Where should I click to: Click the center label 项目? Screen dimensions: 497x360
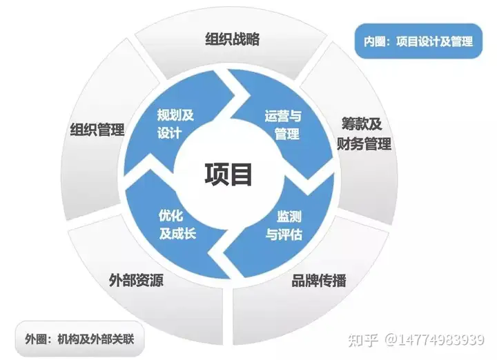(x=228, y=174)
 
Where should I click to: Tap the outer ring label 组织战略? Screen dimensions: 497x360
(x=233, y=39)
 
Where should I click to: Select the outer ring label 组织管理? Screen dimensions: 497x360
(x=97, y=129)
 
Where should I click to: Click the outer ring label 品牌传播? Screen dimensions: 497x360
(x=319, y=281)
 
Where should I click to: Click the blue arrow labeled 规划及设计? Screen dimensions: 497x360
(x=175, y=124)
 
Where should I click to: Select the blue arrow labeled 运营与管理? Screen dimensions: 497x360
(x=282, y=124)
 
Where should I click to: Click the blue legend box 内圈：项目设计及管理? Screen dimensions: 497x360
(x=418, y=41)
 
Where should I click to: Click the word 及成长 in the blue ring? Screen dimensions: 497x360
(x=178, y=233)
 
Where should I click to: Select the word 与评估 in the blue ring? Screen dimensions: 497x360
(x=284, y=233)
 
